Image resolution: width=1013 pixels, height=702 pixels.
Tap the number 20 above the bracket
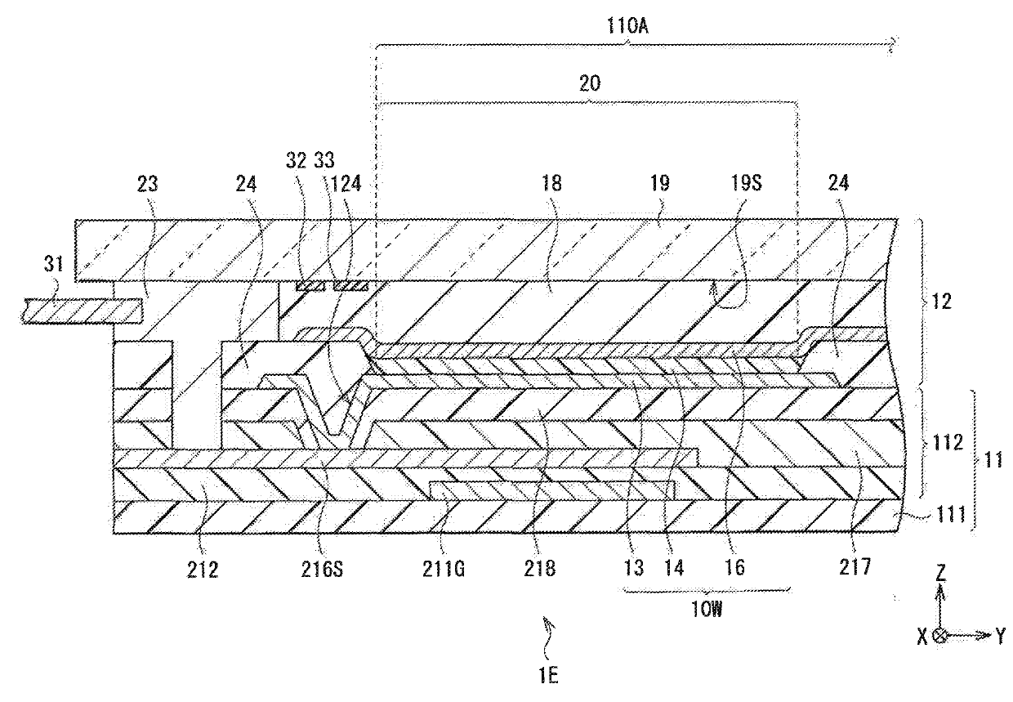[x=589, y=83]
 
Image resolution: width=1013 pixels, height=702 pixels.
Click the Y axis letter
[x=1001, y=636]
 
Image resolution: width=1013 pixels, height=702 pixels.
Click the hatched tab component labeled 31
[x=82, y=310]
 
